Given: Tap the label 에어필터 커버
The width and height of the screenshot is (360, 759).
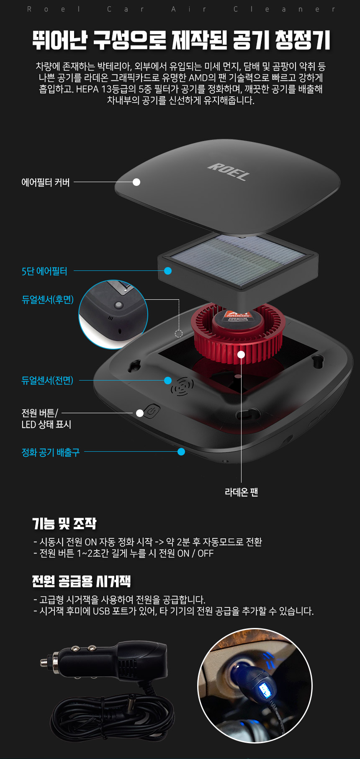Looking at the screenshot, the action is coord(46,183).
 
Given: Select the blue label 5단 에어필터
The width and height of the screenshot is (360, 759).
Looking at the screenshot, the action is coord(44,271).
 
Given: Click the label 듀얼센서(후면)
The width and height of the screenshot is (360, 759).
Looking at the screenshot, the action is coord(47,299).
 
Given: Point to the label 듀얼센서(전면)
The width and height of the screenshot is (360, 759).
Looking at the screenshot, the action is coord(47,380).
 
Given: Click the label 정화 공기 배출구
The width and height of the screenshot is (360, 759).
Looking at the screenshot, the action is coord(50,452).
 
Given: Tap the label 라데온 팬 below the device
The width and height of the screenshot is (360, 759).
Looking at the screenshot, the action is coord(242,492).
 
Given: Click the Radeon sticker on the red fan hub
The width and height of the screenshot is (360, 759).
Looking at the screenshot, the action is coord(238,317).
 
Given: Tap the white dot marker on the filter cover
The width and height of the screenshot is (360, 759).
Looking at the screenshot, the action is coord(136,182).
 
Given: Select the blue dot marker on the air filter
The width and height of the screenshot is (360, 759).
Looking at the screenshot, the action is coord(168,271).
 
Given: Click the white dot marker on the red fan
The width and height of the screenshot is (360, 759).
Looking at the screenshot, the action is coord(241,355).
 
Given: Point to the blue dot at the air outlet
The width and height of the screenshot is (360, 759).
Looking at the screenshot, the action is coord(181,452).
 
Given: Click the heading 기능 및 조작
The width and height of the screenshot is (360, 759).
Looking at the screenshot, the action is coord(64,523).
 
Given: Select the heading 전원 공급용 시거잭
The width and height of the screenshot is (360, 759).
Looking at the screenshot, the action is coord(82,581).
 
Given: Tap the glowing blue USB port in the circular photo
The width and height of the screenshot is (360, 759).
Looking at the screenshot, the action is coord(265,689).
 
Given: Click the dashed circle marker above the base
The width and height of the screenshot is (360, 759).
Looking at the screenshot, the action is coord(179,334).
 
